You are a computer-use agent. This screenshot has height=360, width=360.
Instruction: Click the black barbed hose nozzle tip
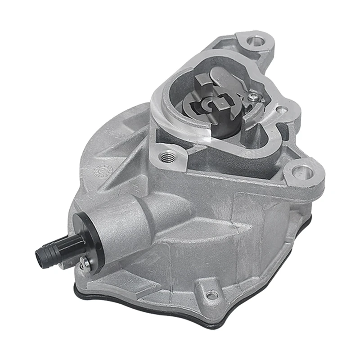click(41, 256)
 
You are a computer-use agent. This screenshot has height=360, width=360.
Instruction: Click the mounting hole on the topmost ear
click(256, 42)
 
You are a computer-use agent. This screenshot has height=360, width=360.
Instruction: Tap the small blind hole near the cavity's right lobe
click(282, 109)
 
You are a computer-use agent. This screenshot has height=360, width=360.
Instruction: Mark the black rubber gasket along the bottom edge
click(180, 310)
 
